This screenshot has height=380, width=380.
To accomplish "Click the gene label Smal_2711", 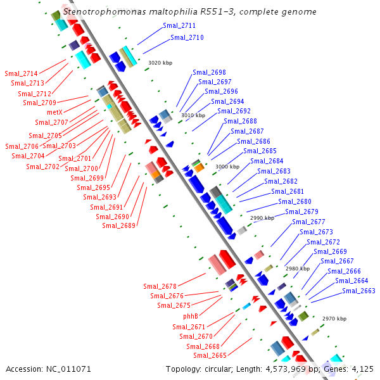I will pos(179,26).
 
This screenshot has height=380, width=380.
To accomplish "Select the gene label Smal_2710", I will pos(187,38).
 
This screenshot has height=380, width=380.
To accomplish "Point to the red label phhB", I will pos(191,316).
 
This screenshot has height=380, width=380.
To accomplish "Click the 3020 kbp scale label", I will pos(160,63).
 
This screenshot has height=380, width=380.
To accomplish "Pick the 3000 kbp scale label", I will pos(227,167).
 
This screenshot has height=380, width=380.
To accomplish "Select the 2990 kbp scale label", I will pos(262,218).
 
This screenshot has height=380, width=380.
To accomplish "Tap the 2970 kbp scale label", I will pos(334,319).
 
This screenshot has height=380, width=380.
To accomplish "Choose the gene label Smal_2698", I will pos(209,72).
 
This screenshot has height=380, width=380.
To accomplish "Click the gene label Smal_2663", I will pos(358,291).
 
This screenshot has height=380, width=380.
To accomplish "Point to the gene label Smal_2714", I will pos(20,73).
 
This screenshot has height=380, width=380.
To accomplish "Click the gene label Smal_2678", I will pos(160,286).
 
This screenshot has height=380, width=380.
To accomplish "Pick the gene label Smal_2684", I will pos(267,161).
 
